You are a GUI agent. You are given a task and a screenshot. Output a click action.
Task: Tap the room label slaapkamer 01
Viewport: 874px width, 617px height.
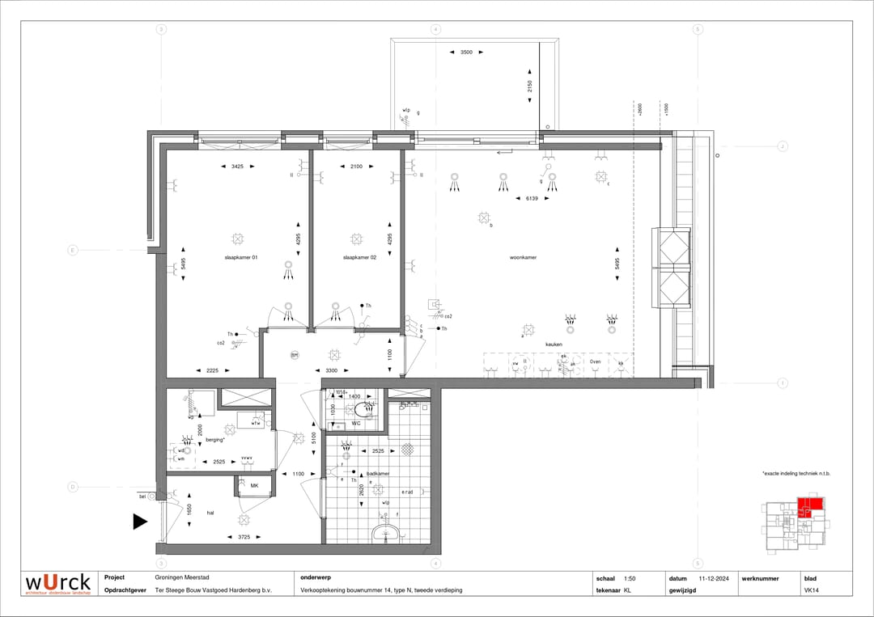pyautogui.click(x=241, y=257)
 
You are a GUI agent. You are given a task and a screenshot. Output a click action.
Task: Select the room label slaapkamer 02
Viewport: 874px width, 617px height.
pyautogui.click(x=359, y=257)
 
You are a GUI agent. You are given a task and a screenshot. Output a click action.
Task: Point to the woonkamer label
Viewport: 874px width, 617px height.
pyautogui.click(x=523, y=257)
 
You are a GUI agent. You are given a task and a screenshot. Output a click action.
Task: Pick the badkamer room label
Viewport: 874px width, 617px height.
pyautogui.click(x=377, y=473)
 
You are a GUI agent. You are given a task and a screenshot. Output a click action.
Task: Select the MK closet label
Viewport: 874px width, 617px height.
pyautogui.click(x=253, y=485)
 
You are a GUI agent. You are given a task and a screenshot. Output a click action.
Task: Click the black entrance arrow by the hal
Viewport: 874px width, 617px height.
pyautogui.click(x=140, y=522)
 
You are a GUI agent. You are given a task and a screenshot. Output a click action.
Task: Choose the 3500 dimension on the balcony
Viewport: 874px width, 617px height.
pyautogui.click(x=466, y=52)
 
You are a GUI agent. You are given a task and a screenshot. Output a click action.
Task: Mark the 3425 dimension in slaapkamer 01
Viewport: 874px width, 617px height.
pyautogui.click(x=237, y=166)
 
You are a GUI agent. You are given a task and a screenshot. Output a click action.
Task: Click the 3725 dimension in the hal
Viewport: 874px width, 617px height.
pyautogui.click(x=244, y=537)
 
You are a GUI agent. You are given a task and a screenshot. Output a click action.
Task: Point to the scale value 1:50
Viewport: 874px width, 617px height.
pyautogui.click(x=630, y=578)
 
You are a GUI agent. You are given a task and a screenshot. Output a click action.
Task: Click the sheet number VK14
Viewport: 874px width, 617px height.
pyautogui.click(x=809, y=590)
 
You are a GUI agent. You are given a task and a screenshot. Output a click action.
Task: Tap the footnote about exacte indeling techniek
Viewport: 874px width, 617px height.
pyautogui.click(x=796, y=473)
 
